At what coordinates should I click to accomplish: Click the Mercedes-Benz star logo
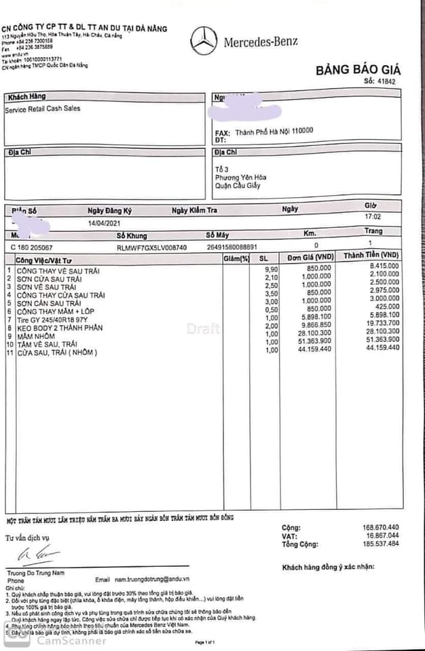[x=204, y=41]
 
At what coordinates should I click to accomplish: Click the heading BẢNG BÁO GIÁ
[x=357, y=70]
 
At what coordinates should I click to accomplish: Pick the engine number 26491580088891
[x=232, y=247]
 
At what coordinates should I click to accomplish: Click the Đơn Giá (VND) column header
[x=310, y=258]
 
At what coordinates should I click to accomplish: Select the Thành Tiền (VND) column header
[x=371, y=255]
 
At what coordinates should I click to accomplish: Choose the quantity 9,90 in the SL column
[x=271, y=269]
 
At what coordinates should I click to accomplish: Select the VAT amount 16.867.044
[x=381, y=535]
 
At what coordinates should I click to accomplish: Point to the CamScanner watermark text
[x=71, y=640]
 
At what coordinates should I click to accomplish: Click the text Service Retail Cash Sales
[x=43, y=108]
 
